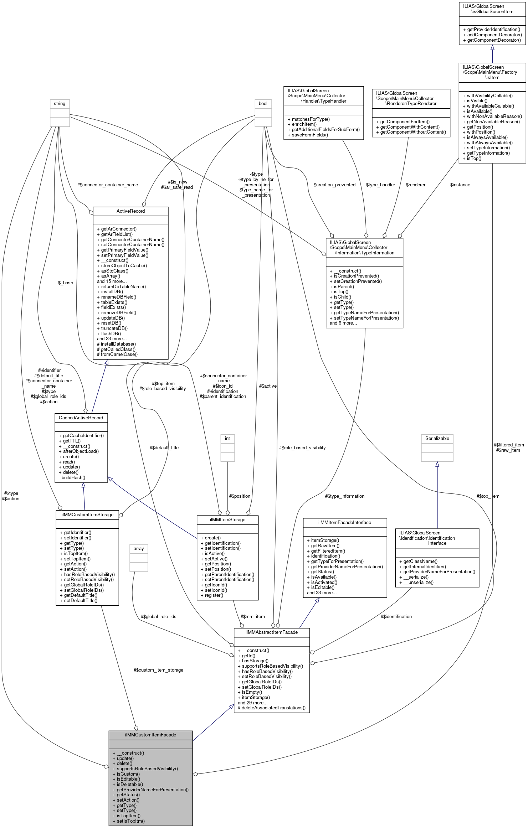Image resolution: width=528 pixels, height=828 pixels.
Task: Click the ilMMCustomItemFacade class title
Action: (x=150, y=735)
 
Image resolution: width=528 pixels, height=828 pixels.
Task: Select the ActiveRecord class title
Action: (x=130, y=211)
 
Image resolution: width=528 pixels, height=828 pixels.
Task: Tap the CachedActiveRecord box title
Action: (x=81, y=418)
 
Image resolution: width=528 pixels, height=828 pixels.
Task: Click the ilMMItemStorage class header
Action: (x=227, y=519)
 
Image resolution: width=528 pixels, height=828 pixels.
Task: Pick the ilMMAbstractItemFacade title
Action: (x=271, y=632)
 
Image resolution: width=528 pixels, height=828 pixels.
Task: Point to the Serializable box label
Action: (x=437, y=438)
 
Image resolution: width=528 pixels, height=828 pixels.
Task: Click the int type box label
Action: (x=227, y=438)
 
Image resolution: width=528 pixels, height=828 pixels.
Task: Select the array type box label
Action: (x=139, y=548)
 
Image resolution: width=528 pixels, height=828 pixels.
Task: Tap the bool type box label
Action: (x=263, y=103)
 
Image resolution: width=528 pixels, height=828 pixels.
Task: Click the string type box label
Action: (x=60, y=103)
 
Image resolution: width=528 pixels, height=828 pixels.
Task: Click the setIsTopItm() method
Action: (x=129, y=821)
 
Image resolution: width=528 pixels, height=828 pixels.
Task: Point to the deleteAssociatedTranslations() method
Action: (x=271, y=708)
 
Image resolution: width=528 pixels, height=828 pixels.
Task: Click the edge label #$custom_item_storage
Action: (x=158, y=670)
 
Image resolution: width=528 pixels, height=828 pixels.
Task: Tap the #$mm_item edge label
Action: (x=253, y=616)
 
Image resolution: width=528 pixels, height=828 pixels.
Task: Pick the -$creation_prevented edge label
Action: (x=334, y=185)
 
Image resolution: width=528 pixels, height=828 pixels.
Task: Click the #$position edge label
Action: (x=240, y=496)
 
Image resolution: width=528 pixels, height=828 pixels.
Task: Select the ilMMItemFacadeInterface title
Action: (x=344, y=522)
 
